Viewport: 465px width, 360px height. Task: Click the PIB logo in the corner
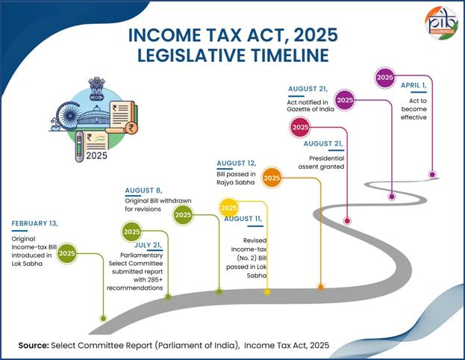pyautogui.click(x=441, y=22)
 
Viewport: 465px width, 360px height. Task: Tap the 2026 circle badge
pyautogui.click(x=384, y=77)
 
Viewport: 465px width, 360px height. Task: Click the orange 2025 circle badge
pyautogui.click(x=272, y=179)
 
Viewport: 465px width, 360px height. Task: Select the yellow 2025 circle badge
pyautogui.click(x=229, y=207)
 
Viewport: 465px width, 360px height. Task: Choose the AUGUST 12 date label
pyautogui.click(x=236, y=163)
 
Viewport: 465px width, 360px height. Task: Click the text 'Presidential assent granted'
pyautogui.click(x=326, y=163)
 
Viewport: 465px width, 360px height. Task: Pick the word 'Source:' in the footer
pyautogui.click(x=34, y=345)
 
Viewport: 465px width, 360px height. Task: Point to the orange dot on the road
pyautogui.click(x=321, y=287)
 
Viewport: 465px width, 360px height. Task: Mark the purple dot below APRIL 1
pyautogui.click(x=432, y=174)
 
